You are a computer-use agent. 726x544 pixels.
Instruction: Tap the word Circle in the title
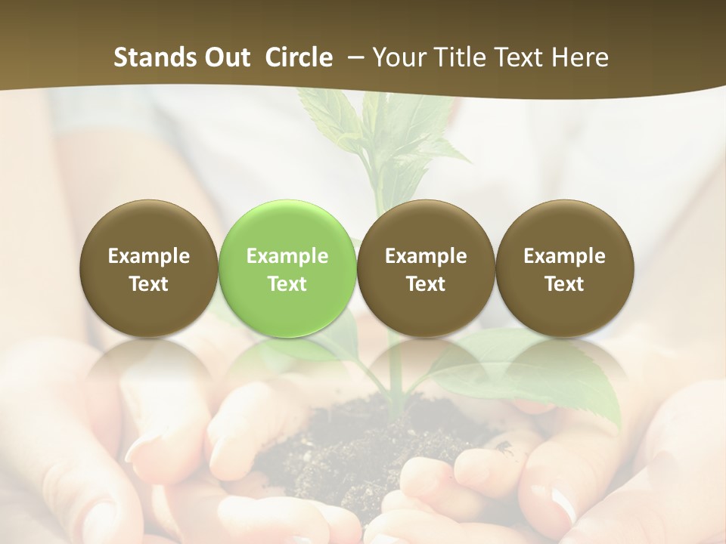[x=298, y=57]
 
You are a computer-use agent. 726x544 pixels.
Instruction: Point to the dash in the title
[x=353, y=58]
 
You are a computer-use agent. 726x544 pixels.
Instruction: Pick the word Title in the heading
[x=454, y=57]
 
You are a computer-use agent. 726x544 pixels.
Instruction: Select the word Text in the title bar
[x=514, y=57]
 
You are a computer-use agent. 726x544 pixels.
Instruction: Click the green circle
[x=287, y=268]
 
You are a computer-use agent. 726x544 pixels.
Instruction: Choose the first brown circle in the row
[x=149, y=268]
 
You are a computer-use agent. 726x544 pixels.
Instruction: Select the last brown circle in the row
[x=564, y=268]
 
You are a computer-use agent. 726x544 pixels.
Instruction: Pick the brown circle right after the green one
[x=426, y=268]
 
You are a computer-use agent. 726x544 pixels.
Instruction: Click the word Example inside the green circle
[x=287, y=256]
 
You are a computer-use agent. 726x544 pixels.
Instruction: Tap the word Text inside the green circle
[x=287, y=284]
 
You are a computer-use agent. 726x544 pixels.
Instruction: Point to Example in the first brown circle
[x=149, y=256]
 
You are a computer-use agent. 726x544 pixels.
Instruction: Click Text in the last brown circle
[x=564, y=284]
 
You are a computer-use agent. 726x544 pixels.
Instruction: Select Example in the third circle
[x=426, y=256]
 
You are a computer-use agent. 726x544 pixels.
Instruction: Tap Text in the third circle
[x=426, y=284]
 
